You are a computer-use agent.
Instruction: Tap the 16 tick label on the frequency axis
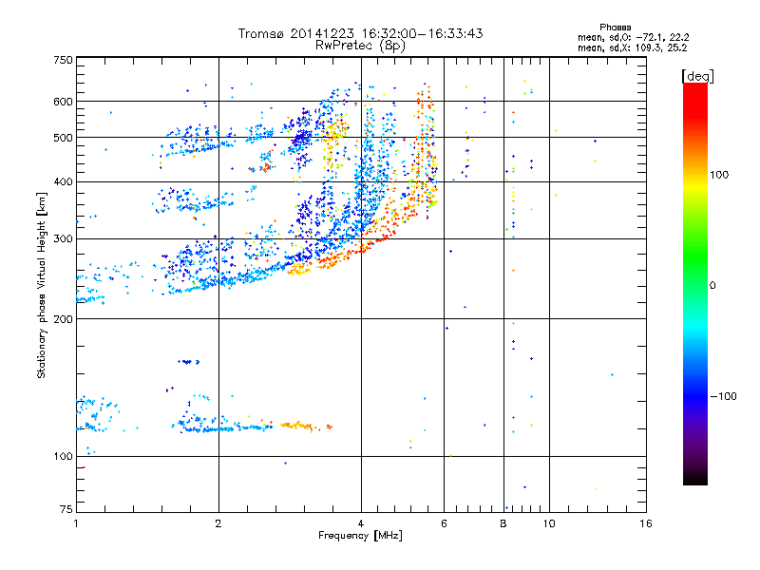click(645, 523)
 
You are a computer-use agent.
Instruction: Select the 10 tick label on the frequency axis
click(549, 523)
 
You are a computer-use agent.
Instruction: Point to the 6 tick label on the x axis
click(444, 523)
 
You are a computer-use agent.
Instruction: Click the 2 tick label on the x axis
click(218, 523)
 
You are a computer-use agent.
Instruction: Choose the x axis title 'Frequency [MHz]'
click(361, 536)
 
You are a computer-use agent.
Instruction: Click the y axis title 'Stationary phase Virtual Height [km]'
click(42, 285)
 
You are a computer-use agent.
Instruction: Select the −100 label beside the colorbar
click(725, 396)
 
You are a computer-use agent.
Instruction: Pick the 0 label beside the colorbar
click(712, 285)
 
